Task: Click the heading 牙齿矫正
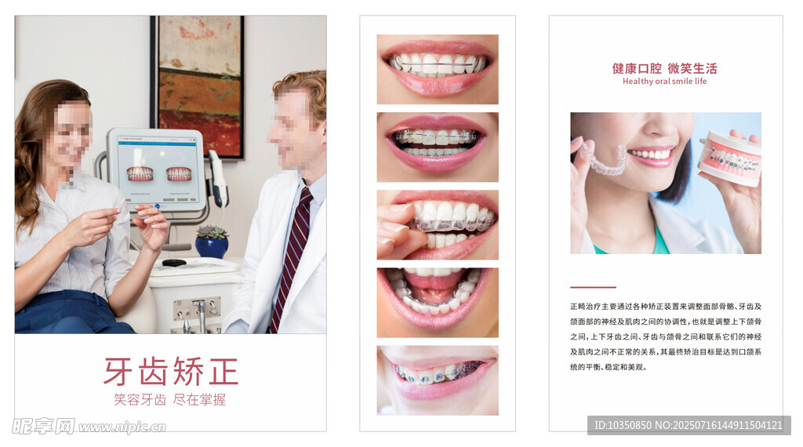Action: click(x=171, y=371)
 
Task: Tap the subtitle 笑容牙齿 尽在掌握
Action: click(x=169, y=400)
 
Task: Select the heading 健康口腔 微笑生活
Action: click(x=665, y=68)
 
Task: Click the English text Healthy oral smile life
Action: click(x=665, y=82)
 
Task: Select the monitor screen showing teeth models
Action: click(x=157, y=169)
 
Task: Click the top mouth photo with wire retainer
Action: click(x=438, y=69)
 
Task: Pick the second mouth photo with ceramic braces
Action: click(x=438, y=147)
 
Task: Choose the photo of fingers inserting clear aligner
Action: click(x=438, y=225)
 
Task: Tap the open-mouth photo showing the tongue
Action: click(x=438, y=303)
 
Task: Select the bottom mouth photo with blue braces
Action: click(x=438, y=380)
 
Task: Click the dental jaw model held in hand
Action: click(x=729, y=158)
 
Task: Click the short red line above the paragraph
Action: click(x=593, y=287)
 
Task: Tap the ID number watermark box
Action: click(x=689, y=425)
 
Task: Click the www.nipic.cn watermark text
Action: click(x=122, y=427)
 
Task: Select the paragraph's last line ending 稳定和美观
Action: click(x=609, y=367)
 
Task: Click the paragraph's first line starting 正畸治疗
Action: click(x=666, y=307)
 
